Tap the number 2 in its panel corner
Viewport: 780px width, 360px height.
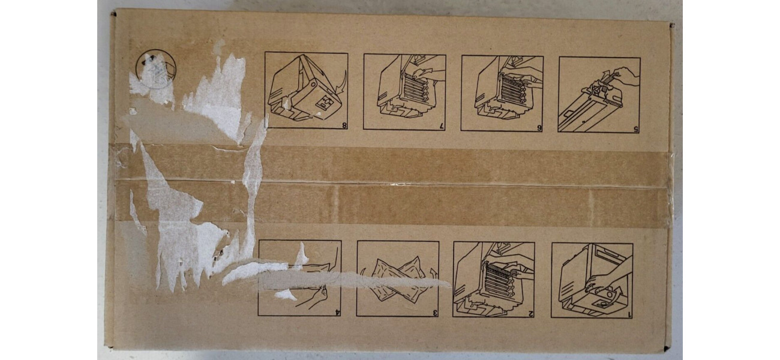click(x=530, y=313)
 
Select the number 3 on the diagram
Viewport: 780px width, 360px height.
click(x=435, y=313)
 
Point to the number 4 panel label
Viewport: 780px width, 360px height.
click(x=337, y=311)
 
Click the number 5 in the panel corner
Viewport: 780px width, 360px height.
click(x=635, y=128)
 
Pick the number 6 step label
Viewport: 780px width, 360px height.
click(x=539, y=127)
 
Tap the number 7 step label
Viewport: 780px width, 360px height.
click(x=442, y=127)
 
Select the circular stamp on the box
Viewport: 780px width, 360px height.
click(x=157, y=69)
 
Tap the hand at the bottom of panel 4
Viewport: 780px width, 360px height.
click(x=311, y=297)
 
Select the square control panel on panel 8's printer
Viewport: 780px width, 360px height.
click(x=324, y=101)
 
